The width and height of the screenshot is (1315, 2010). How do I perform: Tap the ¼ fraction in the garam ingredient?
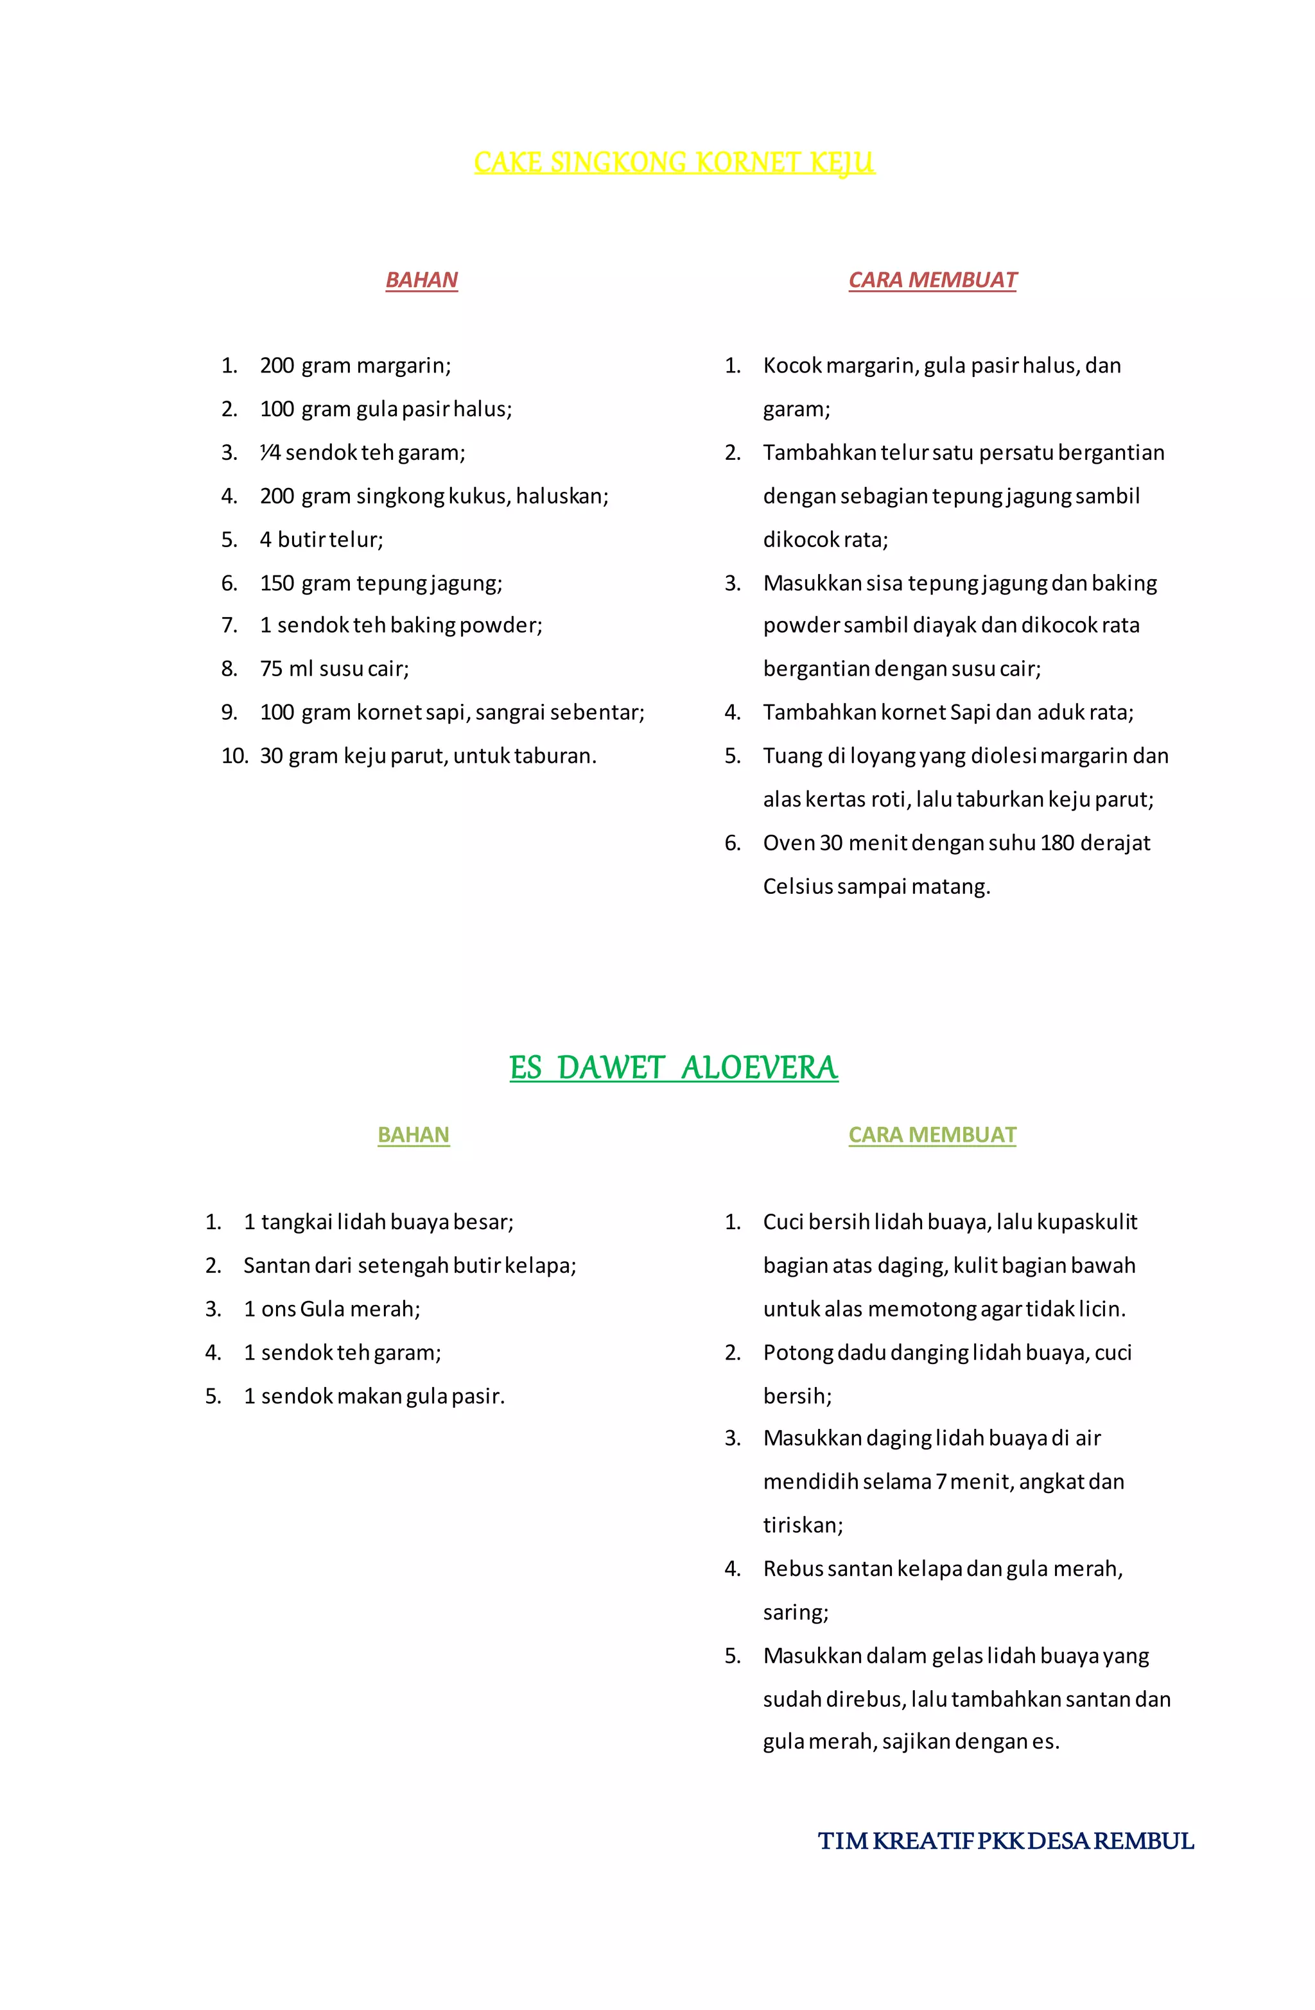270,453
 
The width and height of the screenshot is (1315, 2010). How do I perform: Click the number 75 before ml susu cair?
271,669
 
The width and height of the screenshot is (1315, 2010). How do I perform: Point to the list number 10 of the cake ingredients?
234,756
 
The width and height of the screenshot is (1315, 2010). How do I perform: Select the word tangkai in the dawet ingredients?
297,1222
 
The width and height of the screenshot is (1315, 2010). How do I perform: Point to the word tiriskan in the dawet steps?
803,1525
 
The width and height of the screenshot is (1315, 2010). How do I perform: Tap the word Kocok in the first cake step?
792,365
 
